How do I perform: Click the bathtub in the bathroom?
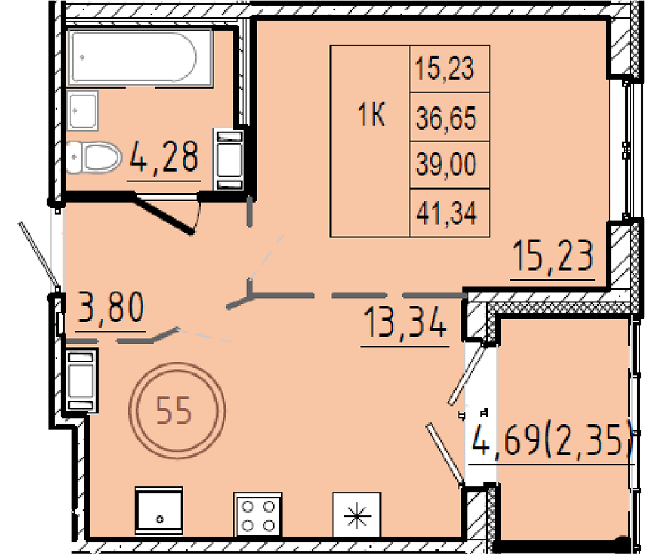tap(141, 57)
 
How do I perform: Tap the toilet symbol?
tap(94, 157)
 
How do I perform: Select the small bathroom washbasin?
tap(83, 111)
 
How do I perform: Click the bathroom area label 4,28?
tap(164, 156)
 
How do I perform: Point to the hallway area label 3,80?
tap(111, 306)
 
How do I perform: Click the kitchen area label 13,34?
tap(405, 323)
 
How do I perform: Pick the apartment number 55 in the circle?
tap(174, 410)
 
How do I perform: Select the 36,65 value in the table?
tap(446, 118)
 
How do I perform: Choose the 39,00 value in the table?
tap(446, 164)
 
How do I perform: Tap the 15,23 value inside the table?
tap(445, 68)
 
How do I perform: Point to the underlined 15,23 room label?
tap(553, 256)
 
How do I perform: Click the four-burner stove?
tap(258, 515)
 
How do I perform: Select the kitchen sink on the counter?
tap(159, 511)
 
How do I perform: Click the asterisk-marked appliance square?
tap(357, 515)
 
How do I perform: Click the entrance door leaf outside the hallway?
tap(39, 253)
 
